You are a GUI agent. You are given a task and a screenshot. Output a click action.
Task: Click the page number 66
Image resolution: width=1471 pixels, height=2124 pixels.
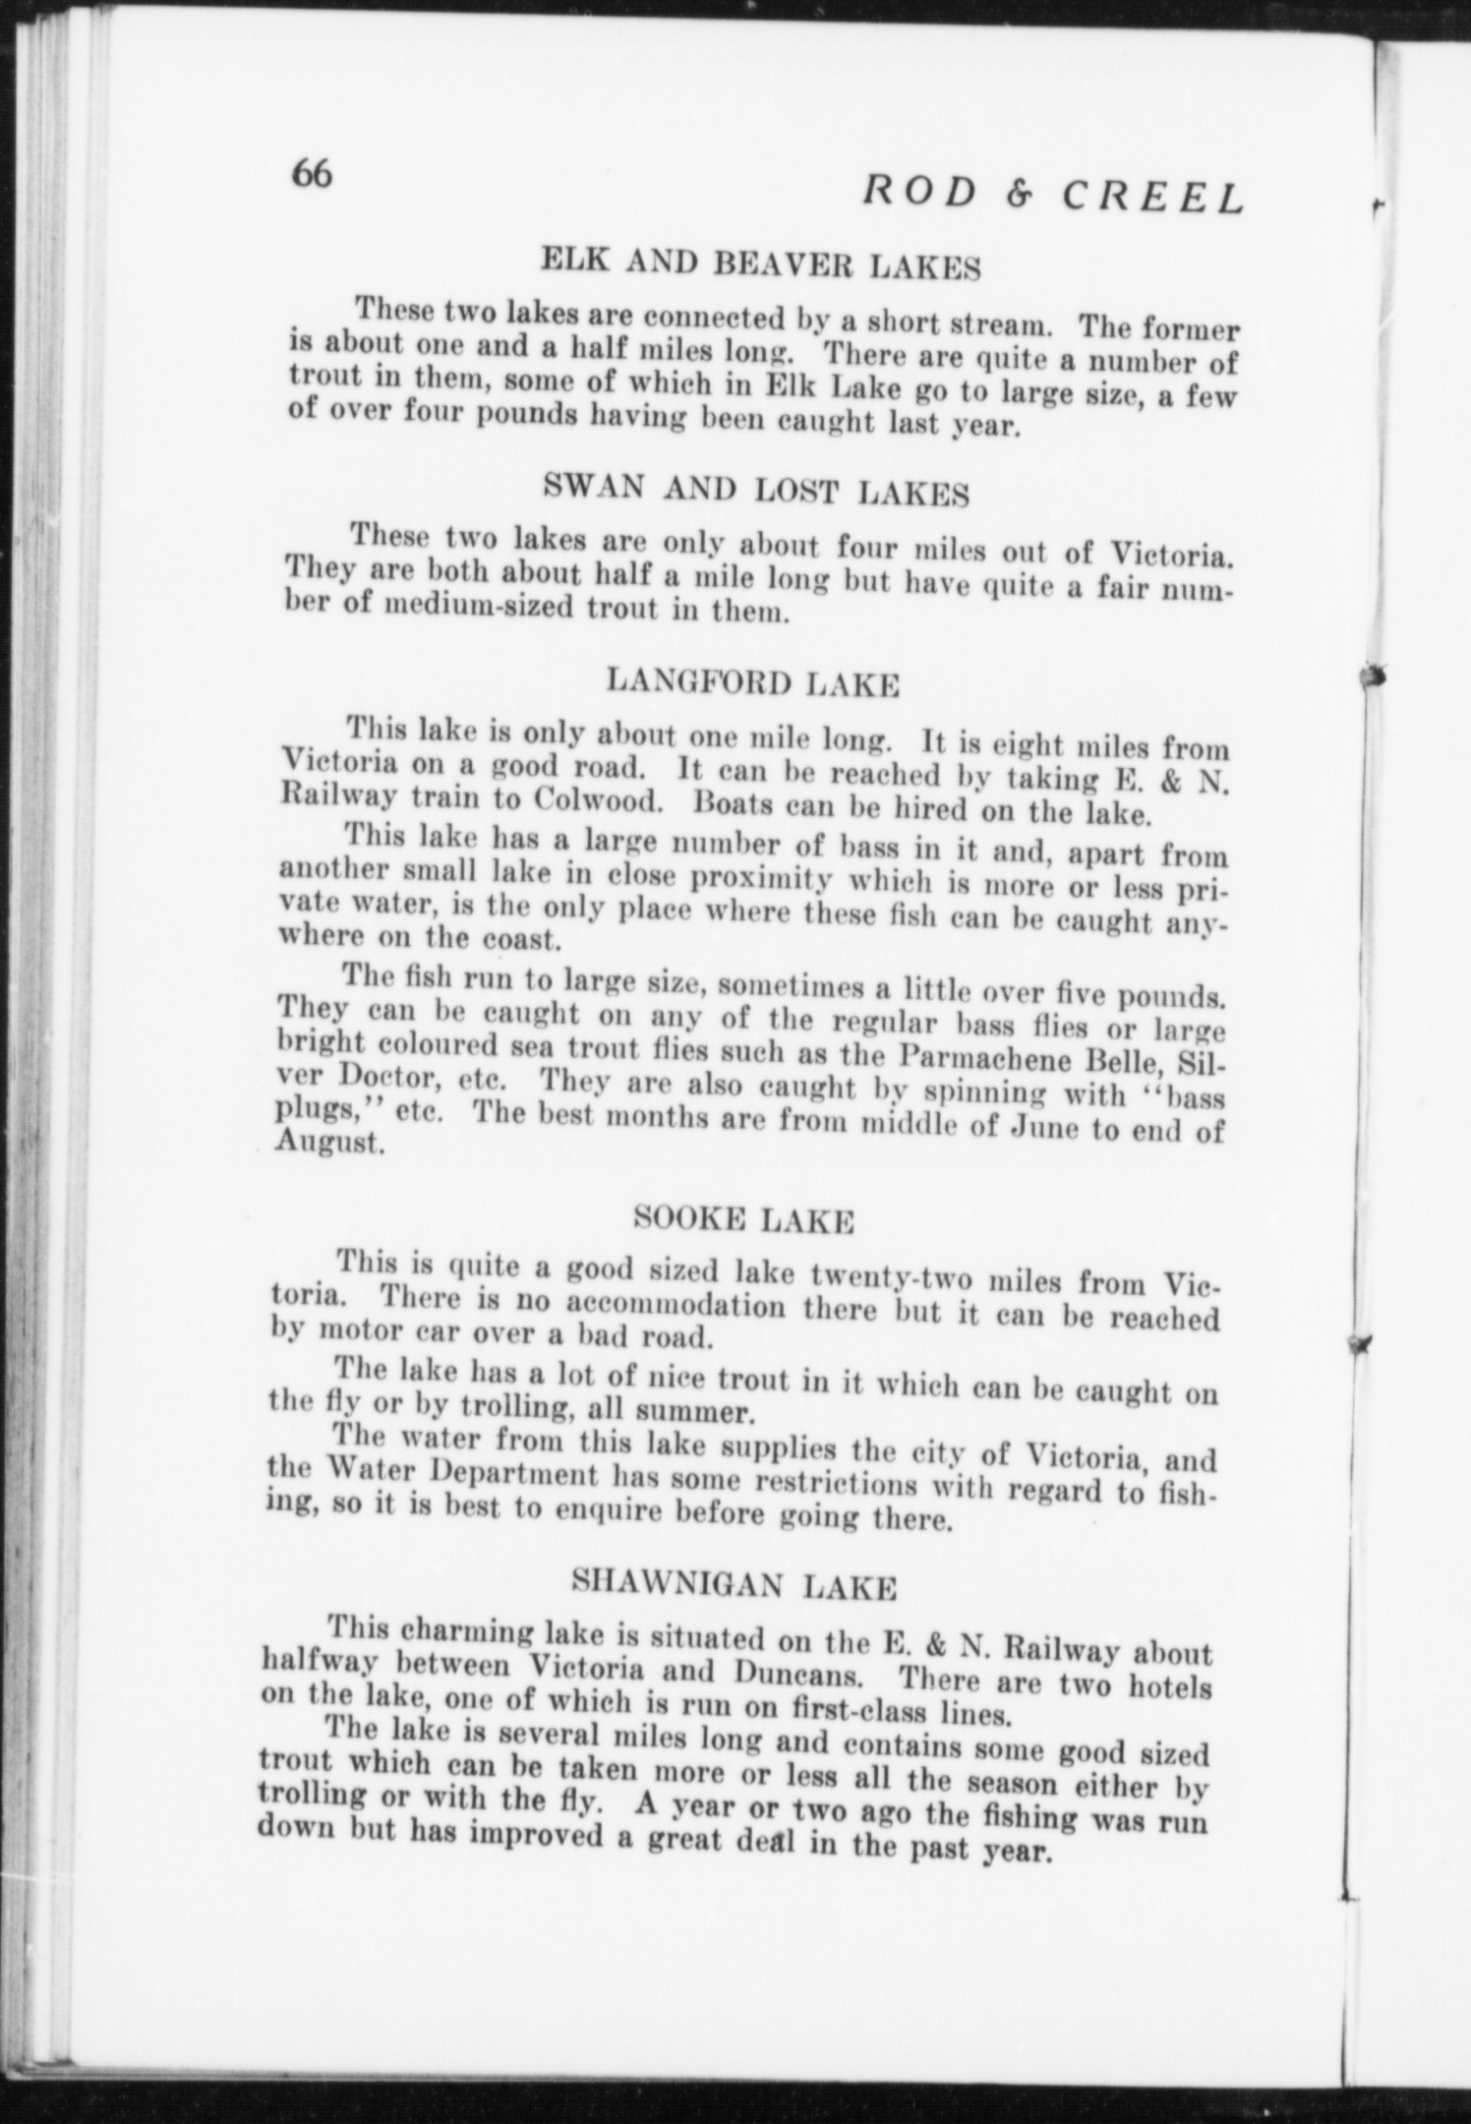pyautogui.click(x=313, y=175)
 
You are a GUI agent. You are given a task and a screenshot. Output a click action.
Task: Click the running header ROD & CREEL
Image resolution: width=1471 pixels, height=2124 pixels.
pyautogui.click(x=1053, y=196)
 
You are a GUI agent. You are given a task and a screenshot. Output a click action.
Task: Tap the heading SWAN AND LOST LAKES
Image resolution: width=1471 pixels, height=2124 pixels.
pyautogui.click(x=756, y=490)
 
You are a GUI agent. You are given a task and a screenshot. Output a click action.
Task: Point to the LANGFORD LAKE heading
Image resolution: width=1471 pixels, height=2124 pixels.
pyautogui.click(x=753, y=681)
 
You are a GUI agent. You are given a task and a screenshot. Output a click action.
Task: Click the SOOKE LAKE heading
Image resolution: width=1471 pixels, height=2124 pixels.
pyautogui.click(x=743, y=1221)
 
